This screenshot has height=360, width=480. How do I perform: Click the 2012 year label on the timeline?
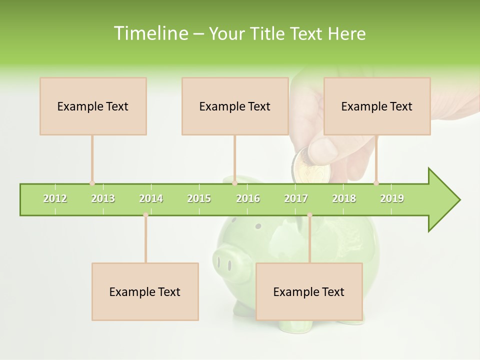coord(55,198)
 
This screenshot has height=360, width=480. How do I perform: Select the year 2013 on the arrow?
coord(103,198)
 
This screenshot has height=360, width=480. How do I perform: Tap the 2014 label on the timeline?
coord(151,198)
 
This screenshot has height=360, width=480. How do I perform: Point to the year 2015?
coord(199,198)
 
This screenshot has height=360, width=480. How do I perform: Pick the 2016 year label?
coord(248,198)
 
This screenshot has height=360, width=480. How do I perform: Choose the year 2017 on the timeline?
coord(296,198)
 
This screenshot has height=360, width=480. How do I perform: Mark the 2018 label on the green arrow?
coord(344,198)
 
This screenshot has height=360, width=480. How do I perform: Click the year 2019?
coord(392,198)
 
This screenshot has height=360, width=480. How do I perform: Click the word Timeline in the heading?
coord(150,33)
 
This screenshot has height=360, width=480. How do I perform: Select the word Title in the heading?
coord(268,33)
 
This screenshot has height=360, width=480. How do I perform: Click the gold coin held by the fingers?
coord(311,167)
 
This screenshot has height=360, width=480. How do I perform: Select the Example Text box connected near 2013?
coord(93,106)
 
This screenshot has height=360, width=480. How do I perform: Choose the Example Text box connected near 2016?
coord(235,106)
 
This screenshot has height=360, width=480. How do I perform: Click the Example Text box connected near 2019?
coord(377,106)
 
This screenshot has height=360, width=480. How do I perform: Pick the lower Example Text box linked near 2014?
coord(145,291)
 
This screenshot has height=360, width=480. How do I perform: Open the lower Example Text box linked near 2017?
coord(309,291)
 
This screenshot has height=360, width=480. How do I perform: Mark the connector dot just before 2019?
coord(376,183)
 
